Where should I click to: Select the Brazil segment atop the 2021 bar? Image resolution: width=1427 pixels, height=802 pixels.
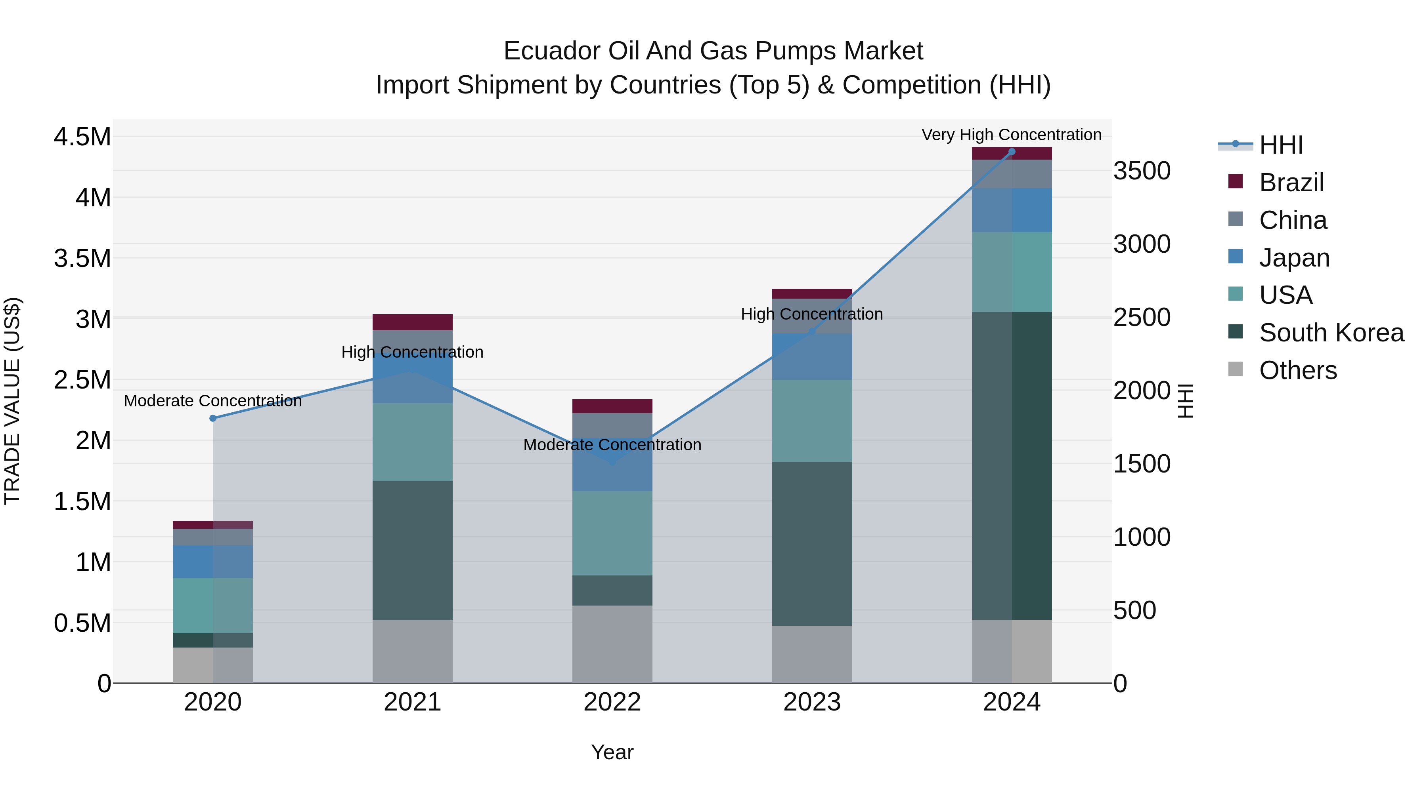[412, 322]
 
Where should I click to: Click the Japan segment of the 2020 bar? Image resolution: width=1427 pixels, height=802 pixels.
[213, 561]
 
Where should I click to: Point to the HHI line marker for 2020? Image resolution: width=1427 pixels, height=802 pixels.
[213, 419]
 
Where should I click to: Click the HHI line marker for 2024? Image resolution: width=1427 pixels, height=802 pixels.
[1012, 152]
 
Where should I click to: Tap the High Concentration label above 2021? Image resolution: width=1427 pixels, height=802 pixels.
[412, 352]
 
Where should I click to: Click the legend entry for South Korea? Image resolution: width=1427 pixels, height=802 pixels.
[1331, 333]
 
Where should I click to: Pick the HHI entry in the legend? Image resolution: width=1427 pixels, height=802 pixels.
[1280, 145]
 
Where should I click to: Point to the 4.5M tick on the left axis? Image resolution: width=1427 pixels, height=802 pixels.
[82, 137]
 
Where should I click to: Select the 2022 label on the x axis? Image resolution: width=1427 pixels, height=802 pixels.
[612, 702]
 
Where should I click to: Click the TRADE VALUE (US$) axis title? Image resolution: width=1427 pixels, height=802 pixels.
[12, 401]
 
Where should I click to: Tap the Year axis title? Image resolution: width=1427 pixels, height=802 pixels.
[612, 752]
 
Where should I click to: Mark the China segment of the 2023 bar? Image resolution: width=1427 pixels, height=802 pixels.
[811, 316]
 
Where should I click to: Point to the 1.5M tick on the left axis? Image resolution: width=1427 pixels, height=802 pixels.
[82, 501]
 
